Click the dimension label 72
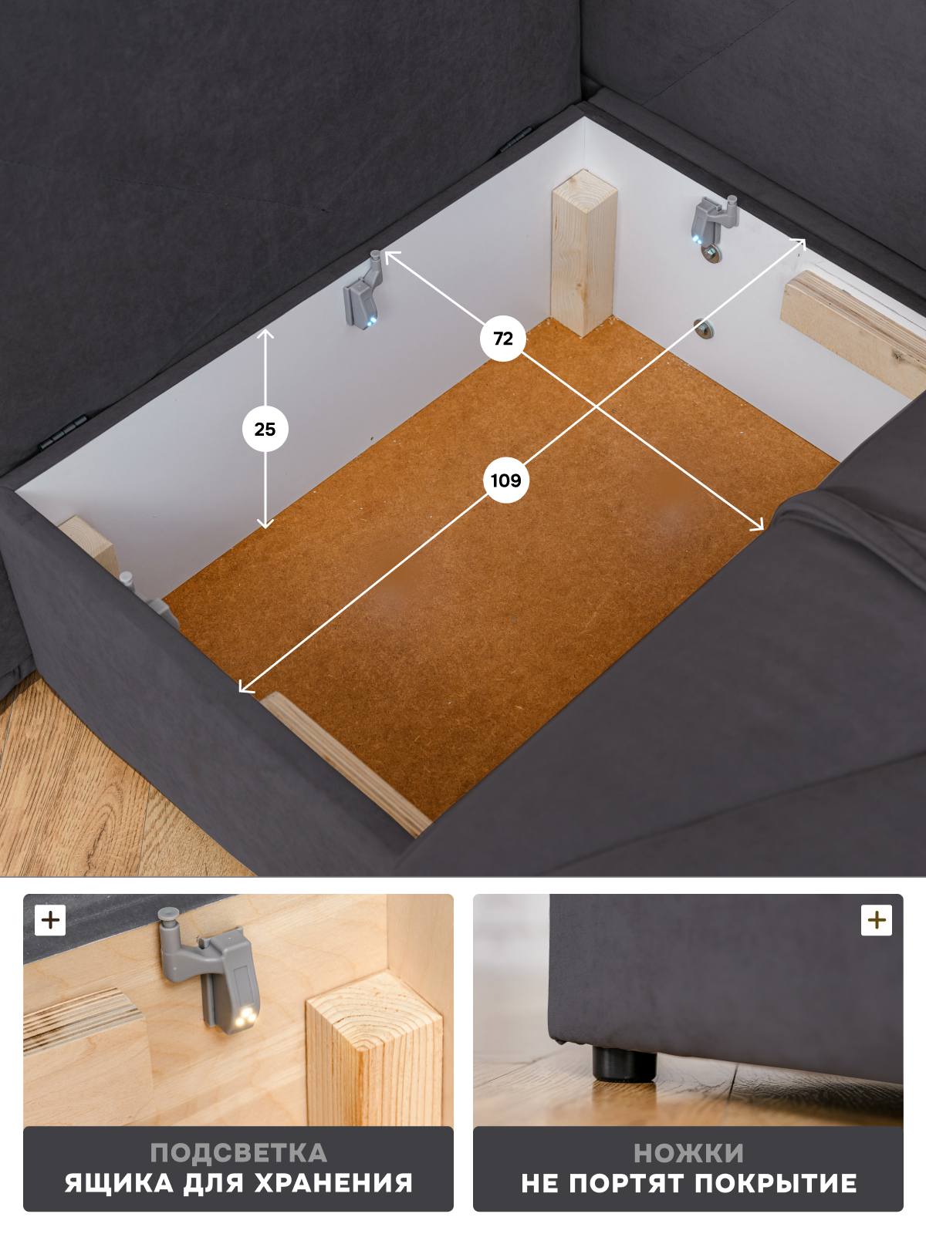pyautogui.click(x=503, y=339)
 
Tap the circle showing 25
pyautogui.click(x=265, y=429)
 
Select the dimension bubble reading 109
pyautogui.click(x=505, y=480)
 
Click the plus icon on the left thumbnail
pyautogui.click(x=50, y=920)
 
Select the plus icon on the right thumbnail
pyautogui.click(x=877, y=920)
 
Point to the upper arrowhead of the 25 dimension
pyautogui.click(x=265, y=333)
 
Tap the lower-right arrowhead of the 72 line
pyautogui.click(x=758, y=524)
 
